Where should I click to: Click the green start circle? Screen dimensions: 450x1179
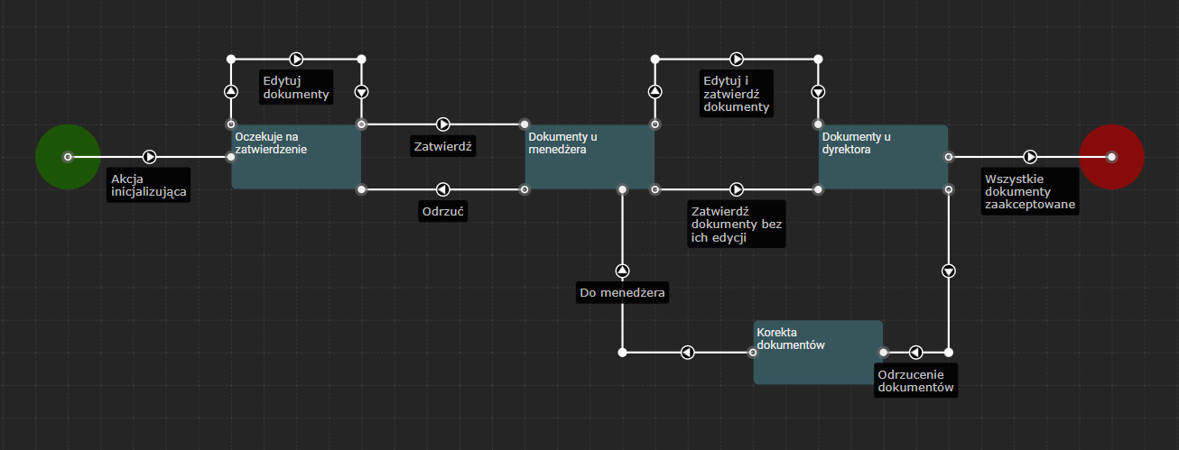coord(67,157)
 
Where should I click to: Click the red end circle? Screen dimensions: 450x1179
coord(1111,157)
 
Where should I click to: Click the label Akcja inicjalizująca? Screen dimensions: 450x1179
coord(149,184)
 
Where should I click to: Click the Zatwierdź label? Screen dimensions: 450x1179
coord(443,145)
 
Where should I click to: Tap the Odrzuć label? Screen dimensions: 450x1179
coord(443,212)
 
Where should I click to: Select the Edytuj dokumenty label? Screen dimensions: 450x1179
coord(295,86)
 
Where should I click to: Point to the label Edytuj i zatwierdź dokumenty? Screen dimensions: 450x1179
coord(737,94)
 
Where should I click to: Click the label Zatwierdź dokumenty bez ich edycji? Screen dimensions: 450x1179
coord(736,224)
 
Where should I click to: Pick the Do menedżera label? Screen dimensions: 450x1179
coord(623,292)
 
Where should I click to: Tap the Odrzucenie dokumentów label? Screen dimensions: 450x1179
coord(915,380)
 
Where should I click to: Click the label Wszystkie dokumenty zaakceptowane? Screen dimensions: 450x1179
coord(1030,191)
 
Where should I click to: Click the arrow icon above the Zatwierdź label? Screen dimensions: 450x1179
coord(443,124)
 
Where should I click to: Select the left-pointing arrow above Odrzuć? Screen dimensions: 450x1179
coord(443,189)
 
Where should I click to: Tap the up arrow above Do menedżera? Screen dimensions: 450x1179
coord(622,271)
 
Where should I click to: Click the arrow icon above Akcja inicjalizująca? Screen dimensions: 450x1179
coord(150,157)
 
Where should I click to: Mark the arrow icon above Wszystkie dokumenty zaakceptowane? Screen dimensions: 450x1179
coord(1030,157)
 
